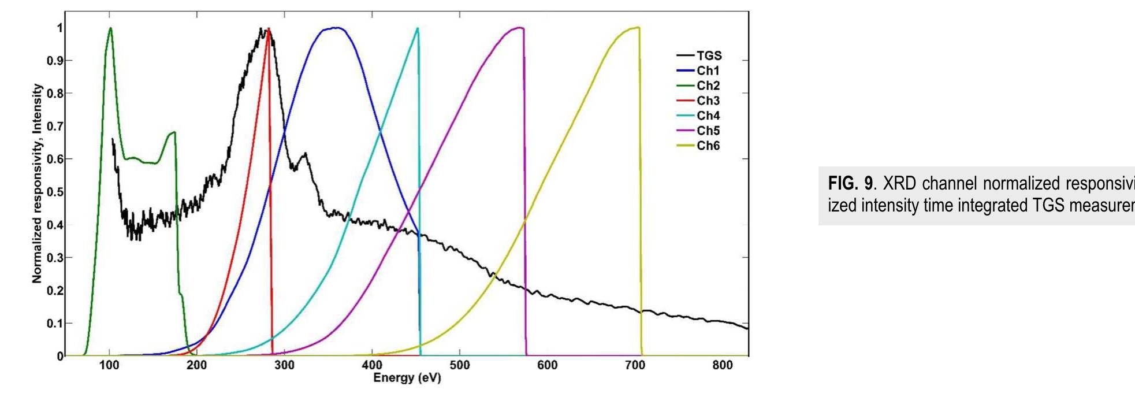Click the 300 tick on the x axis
[284, 365]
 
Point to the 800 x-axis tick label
[723, 365]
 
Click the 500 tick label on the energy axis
[460, 365]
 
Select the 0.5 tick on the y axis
[55, 192]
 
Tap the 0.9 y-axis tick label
[55, 61]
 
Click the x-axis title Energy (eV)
[407, 378]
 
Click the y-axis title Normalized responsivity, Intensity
[37, 184]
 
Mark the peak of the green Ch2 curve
[110, 28]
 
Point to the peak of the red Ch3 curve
[268, 29]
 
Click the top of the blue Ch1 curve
[334, 28]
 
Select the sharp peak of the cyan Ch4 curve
[417, 28]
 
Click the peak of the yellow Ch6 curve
[637, 27]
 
